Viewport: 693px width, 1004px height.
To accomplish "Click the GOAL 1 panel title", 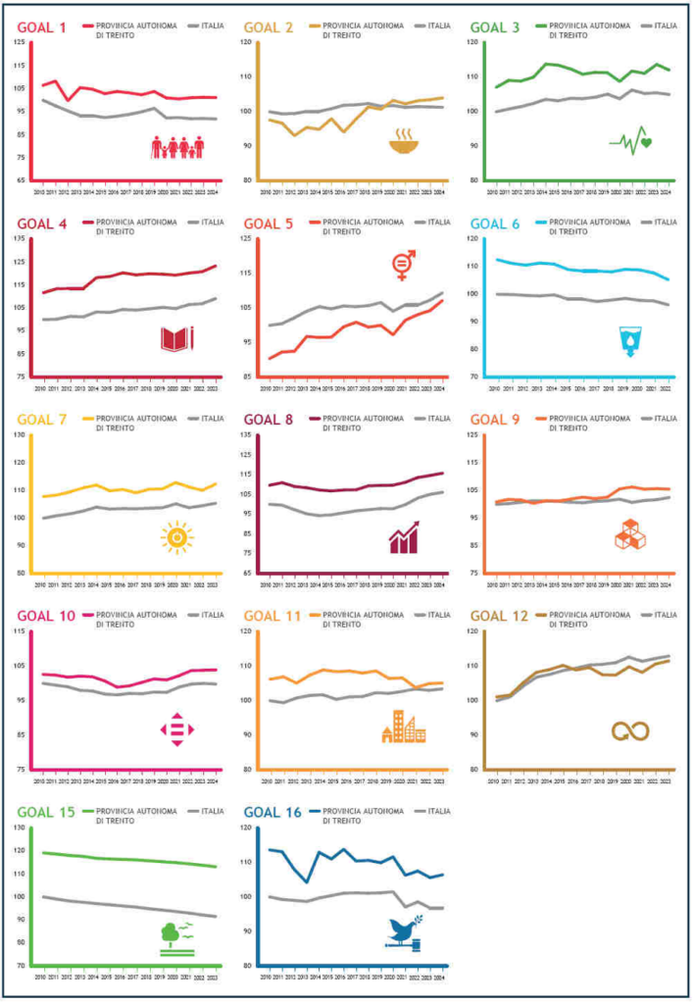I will click(x=41, y=27).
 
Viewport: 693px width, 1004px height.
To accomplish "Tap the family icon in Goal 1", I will click(x=177, y=147).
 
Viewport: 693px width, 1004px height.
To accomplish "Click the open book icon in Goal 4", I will click(x=177, y=339).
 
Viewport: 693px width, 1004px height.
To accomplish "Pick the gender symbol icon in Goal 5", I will click(x=403, y=265).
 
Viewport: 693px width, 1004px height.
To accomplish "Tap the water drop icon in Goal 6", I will click(x=628, y=341).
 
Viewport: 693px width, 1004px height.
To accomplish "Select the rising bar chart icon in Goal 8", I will click(x=403, y=537).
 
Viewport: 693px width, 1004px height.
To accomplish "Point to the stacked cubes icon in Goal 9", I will click(x=628, y=535).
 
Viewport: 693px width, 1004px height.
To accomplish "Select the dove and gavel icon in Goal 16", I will click(x=405, y=931).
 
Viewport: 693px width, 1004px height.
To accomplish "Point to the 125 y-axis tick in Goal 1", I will click(x=21, y=42).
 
